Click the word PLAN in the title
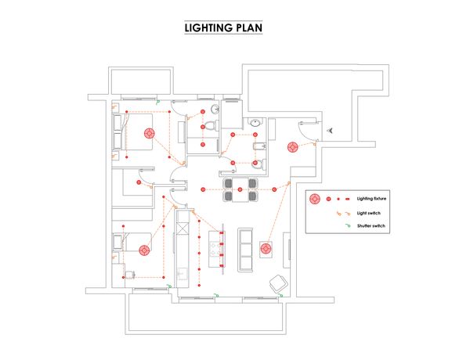[x=246, y=27]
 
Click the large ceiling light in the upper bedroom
[x=148, y=134]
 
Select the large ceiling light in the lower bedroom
[x=144, y=250]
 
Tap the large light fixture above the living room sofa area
[x=266, y=249]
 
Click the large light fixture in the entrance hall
[x=292, y=146]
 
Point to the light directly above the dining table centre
[x=240, y=189]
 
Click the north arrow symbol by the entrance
[x=332, y=130]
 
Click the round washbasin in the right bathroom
[x=255, y=123]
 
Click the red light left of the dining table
[x=204, y=189]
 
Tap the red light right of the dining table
[x=276, y=189]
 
